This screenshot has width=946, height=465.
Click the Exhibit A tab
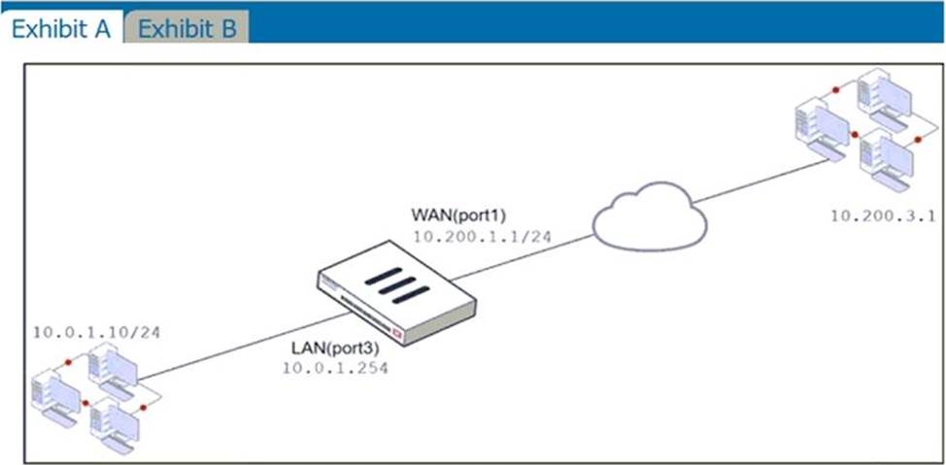click(60, 27)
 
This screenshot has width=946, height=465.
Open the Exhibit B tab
click(187, 27)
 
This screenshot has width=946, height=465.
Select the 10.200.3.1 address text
click(882, 216)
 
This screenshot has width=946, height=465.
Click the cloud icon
click(650, 217)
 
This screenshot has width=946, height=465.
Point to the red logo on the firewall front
click(463, 327)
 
